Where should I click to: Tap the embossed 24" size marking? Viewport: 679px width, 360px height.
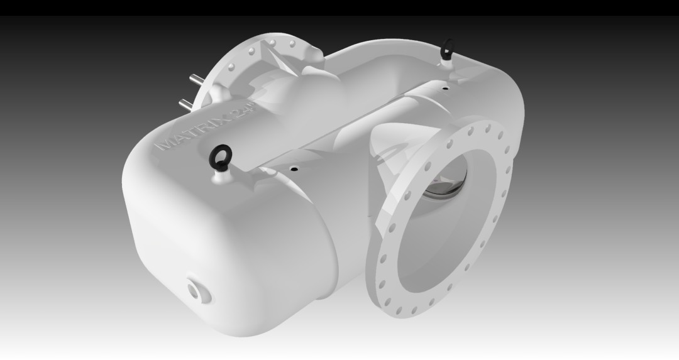[x=244, y=110]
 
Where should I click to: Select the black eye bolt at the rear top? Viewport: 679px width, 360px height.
[x=448, y=49]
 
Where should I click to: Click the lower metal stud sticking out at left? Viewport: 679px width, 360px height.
[x=185, y=104]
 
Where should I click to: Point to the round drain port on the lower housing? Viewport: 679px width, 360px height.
[x=199, y=290]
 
